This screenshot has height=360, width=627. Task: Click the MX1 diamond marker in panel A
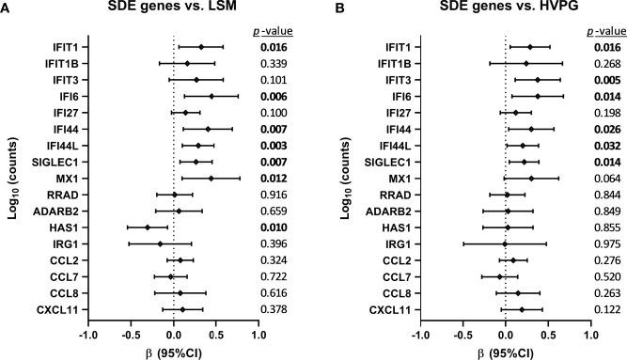pos(211,178)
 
